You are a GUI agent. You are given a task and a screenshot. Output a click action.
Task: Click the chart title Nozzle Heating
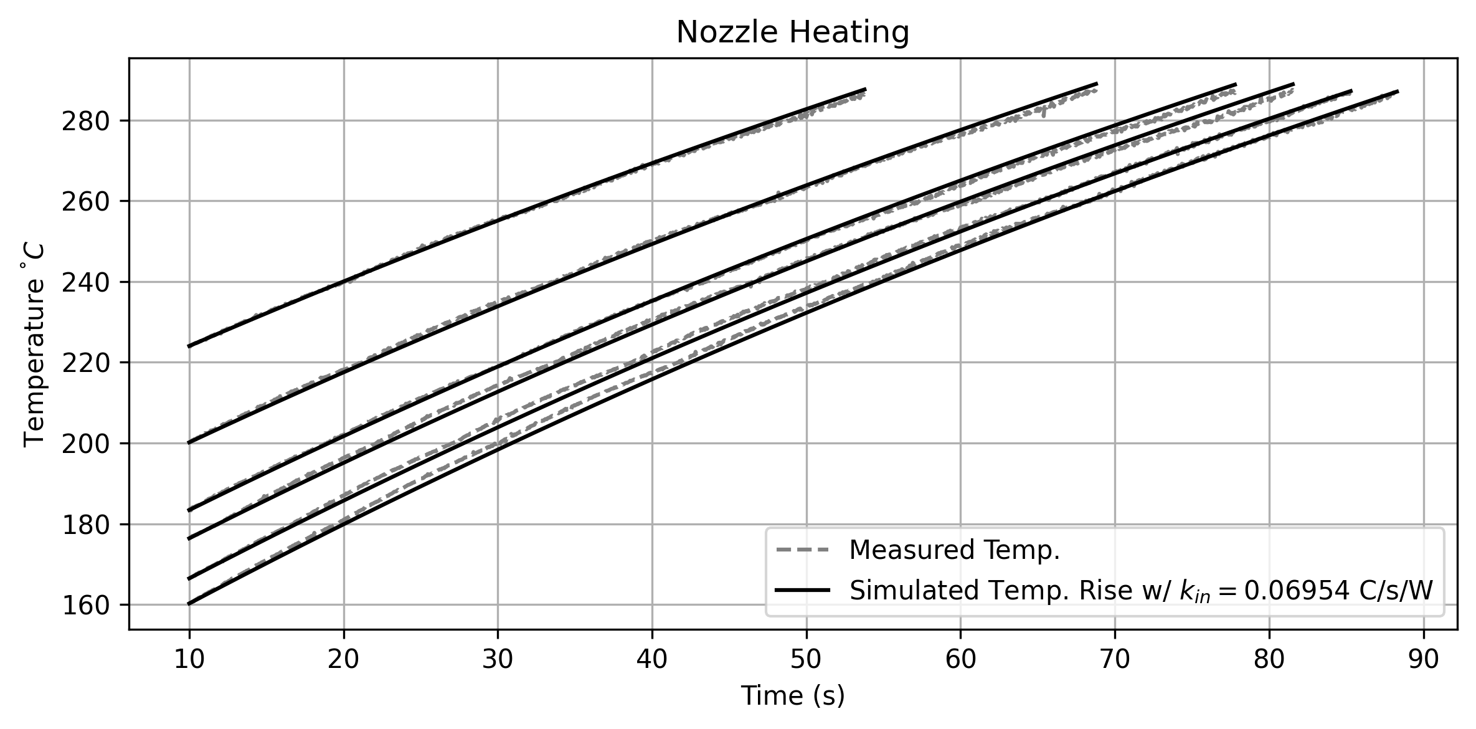(x=792, y=33)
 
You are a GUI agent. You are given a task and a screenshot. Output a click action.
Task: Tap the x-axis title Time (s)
(x=792, y=695)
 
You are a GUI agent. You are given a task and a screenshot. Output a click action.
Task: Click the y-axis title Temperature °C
(x=34, y=345)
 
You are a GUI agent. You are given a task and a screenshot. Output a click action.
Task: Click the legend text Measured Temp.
(x=954, y=550)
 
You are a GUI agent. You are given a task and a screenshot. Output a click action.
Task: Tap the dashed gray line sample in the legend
(x=803, y=550)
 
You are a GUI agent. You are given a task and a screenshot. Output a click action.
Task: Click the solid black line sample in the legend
(x=803, y=589)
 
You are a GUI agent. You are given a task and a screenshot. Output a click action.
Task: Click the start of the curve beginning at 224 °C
(x=189, y=346)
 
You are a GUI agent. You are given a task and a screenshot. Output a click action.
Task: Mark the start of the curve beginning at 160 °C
(x=189, y=604)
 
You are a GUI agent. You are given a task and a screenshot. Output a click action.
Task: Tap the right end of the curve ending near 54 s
(x=865, y=89)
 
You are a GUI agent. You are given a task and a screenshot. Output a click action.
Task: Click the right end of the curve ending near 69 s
(x=1097, y=83)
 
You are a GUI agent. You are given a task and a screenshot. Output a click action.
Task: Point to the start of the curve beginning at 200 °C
(x=189, y=443)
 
